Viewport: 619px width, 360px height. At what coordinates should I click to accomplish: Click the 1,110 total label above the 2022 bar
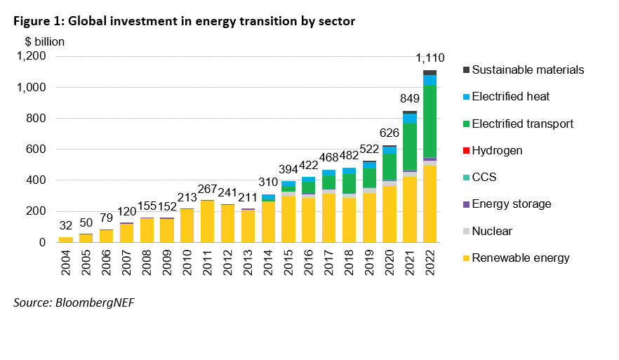coord(430,58)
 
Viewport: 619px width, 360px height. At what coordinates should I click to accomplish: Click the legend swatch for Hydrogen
coord(465,151)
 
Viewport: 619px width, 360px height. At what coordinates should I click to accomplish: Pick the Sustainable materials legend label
coord(528,69)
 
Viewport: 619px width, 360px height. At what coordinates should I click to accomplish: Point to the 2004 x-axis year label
coord(66,260)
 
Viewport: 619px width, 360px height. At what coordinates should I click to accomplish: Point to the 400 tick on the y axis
coord(36,180)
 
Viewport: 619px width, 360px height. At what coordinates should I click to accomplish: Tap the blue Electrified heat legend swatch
coord(465,97)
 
